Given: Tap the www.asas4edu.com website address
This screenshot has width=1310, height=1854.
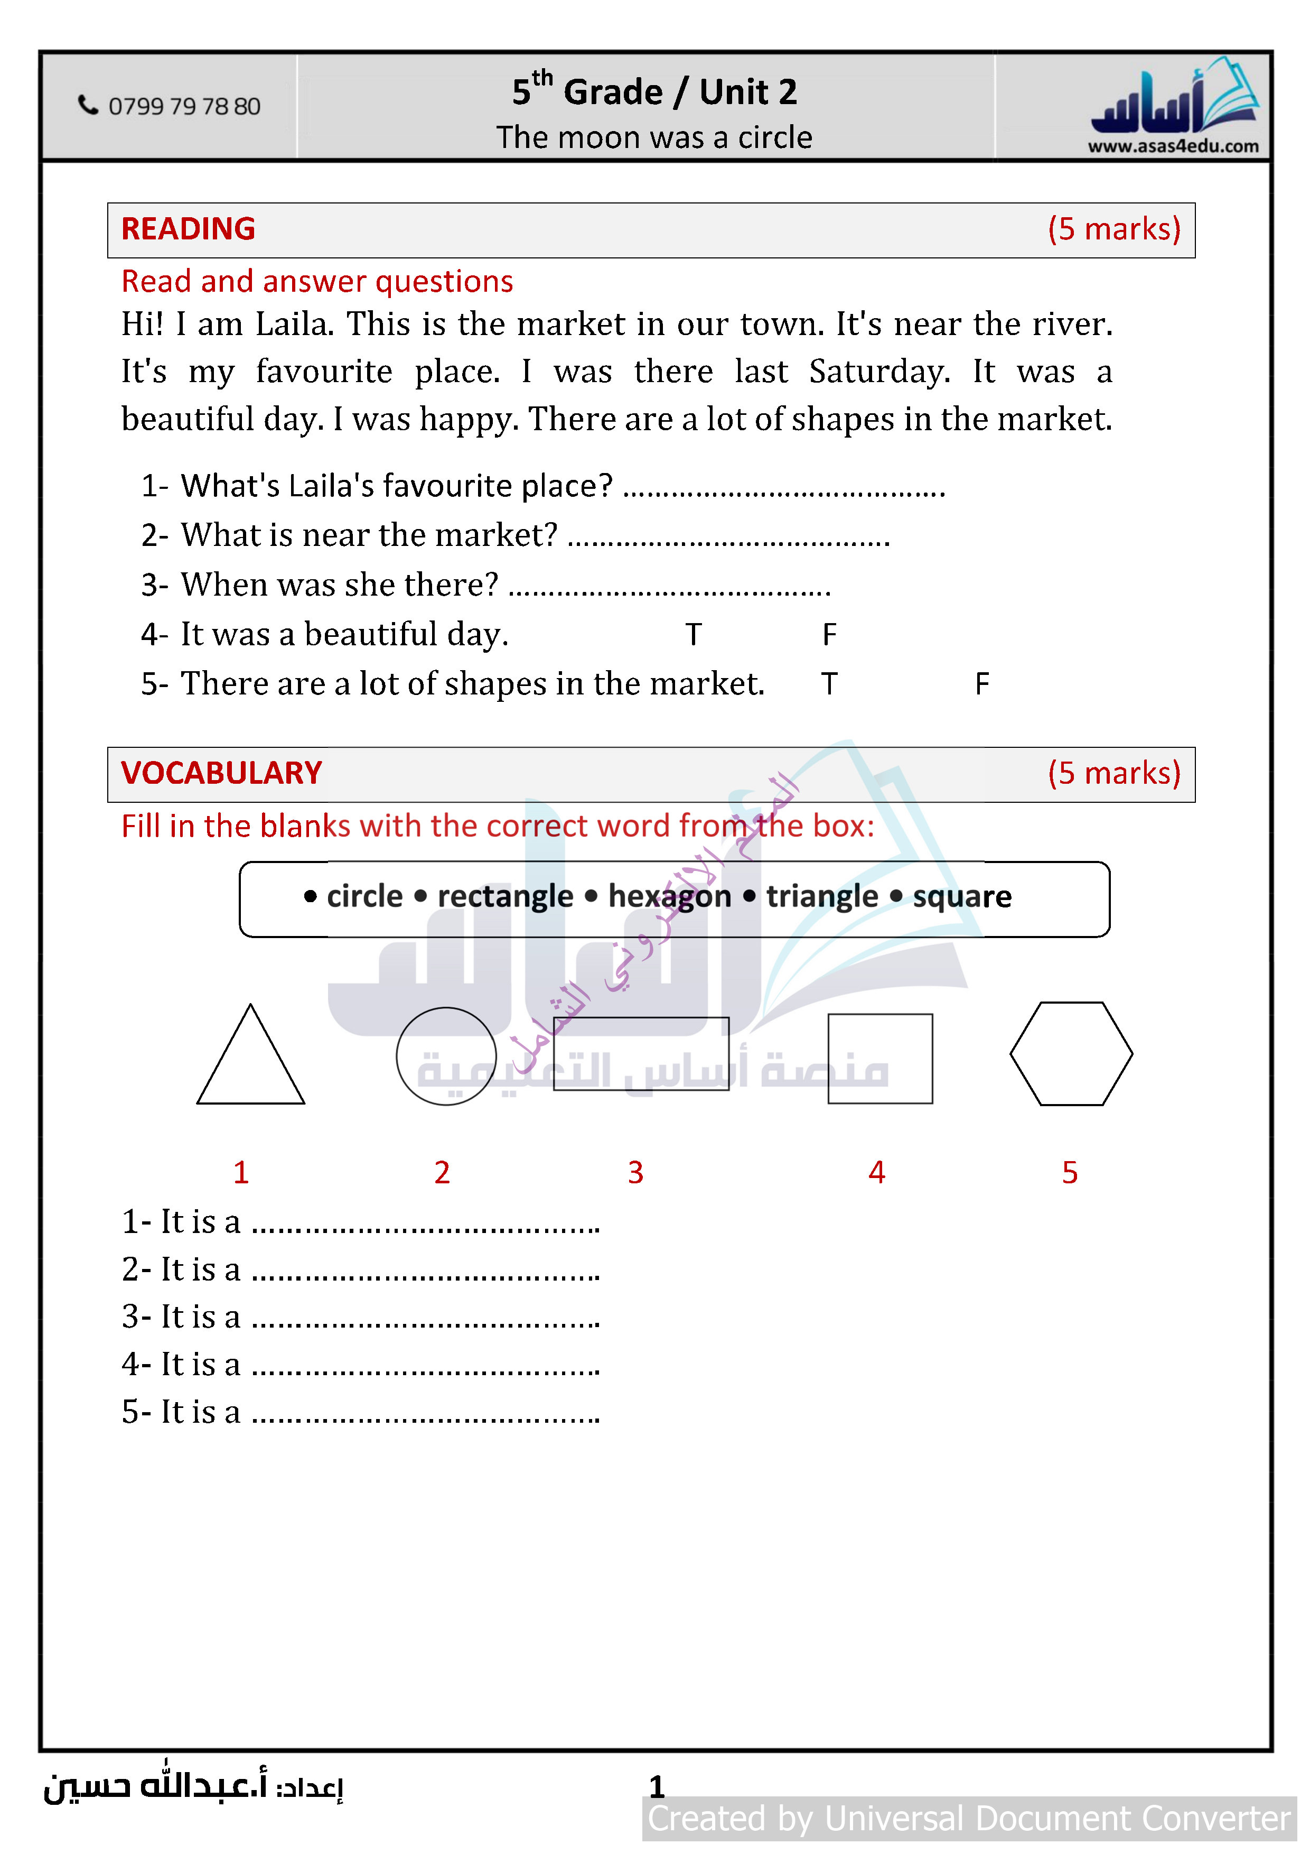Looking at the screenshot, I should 1173,146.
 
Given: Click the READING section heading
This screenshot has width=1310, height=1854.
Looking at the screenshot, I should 188,229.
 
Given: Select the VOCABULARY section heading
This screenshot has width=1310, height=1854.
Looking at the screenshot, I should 221,774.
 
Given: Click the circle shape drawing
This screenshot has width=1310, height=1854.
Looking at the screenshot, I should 445,1055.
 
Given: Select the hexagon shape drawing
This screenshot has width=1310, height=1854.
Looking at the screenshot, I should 1071,1054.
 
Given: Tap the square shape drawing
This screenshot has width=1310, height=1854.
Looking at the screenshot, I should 880,1059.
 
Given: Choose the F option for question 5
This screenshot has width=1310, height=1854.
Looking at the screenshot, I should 981,684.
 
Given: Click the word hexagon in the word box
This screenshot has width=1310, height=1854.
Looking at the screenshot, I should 669,896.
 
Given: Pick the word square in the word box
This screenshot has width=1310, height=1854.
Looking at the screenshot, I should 961,896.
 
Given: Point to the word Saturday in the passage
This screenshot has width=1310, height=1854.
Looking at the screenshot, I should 878,372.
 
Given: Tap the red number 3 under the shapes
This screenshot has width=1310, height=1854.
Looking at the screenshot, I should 635,1172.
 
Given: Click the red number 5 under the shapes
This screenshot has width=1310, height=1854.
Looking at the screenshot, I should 1070,1172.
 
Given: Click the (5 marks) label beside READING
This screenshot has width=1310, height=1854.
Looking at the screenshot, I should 1114,229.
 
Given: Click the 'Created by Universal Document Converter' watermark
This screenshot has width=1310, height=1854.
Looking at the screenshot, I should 969,1819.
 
